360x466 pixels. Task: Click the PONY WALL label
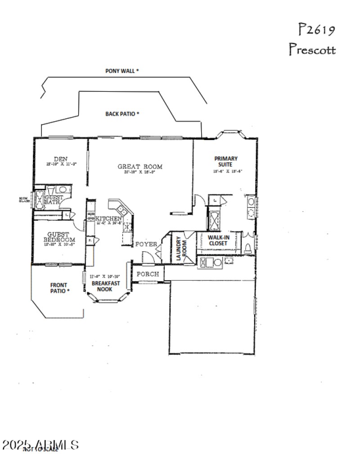[122, 71]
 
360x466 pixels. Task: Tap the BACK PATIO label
[122, 114]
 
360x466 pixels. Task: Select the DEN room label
[61, 159]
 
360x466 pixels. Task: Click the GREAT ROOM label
[140, 167]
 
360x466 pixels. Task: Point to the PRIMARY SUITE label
[226, 162]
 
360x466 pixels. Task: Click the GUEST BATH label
[53, 200]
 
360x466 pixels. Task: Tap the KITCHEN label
[108, 219]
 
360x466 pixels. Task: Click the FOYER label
[146, 244]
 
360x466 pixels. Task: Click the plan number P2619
[317, 30]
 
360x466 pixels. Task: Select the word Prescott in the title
[312, 50]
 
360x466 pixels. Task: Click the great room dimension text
[140, 172]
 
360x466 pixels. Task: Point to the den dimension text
[61, 164]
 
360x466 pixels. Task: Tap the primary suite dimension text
[228, 171]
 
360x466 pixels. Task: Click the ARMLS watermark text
[40, 445]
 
